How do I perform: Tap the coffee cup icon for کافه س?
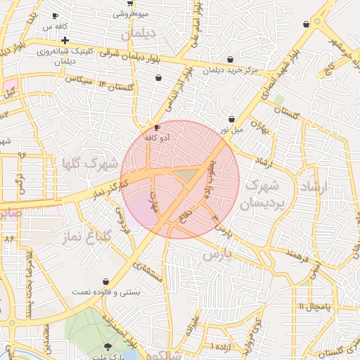coord(56,15)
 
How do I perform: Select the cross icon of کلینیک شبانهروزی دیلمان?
coord(65,41)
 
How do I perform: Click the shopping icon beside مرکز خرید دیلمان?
coord(231,60)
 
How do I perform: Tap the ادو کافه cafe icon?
coord(157,128)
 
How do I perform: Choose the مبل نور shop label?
coord(229,130)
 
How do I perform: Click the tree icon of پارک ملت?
coord(108,346)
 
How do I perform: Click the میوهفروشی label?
coord(131,13)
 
